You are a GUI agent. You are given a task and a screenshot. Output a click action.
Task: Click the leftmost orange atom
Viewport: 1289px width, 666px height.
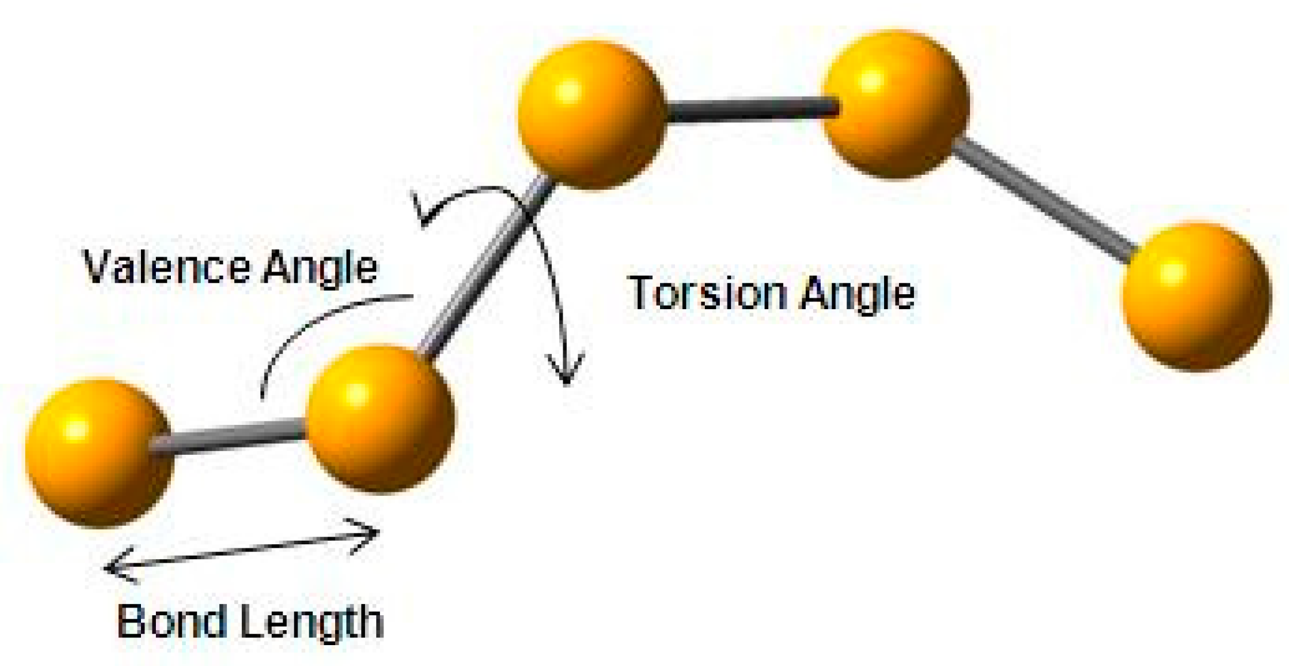(100, 453)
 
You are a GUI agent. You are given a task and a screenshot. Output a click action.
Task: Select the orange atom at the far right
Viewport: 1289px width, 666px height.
(1197, 297)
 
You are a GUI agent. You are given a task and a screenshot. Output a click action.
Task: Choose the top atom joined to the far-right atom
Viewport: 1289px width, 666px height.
(895, 104)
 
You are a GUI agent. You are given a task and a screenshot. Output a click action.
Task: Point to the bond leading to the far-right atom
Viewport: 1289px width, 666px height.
(1042, 200)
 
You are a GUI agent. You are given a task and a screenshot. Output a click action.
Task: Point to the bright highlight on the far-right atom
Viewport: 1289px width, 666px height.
(1171, 273)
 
